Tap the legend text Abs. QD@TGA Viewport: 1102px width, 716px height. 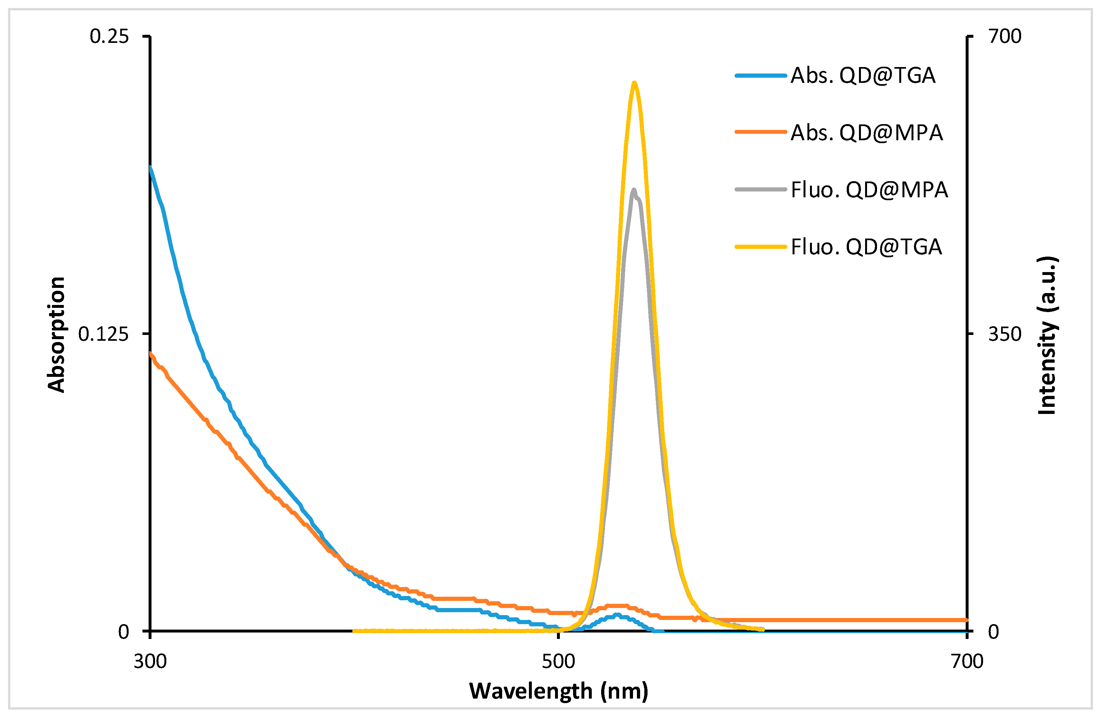click(x=863, y=75)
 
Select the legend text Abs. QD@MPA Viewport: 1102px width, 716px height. click(x=866, y=132)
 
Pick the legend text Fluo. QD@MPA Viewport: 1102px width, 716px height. click(x=869, y=190)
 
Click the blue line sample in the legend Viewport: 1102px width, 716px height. click(x=761, y=75)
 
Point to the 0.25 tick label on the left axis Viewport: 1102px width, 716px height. click(x=109, y=36)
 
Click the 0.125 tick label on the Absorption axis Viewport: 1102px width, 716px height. click(x=103, y=334)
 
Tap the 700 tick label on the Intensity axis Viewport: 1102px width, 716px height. click(x=1005, y=36)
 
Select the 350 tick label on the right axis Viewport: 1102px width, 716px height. click(x=1005, y=334)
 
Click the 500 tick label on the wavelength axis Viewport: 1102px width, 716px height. click(x=558, y=661)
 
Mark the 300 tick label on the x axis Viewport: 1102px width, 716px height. click(x=150, y=661)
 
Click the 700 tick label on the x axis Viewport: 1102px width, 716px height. click(x=967, y=661)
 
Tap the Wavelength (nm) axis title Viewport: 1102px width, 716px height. click(x=558, y=691)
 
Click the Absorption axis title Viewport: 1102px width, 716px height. click(x=56, y=334)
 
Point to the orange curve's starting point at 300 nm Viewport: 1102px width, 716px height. click(x=151, y=353)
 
